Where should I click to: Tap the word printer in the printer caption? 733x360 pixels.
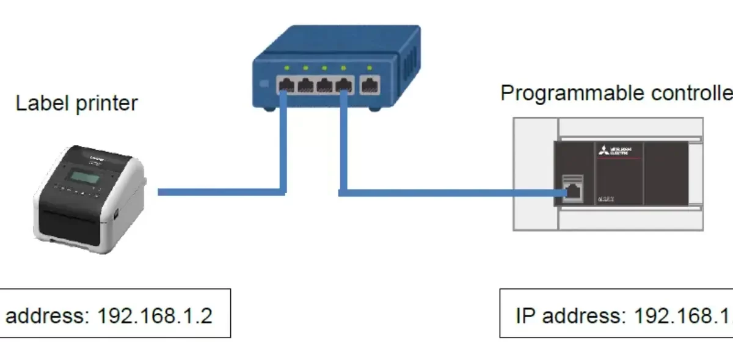click(107, 105)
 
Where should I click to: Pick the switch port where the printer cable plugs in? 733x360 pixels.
click(285, 84)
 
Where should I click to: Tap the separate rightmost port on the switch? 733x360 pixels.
click(370, 85)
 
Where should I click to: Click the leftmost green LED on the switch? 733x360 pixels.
click(286, 67)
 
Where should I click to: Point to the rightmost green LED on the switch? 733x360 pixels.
click(369, 68)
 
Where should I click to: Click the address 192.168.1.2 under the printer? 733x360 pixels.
click(155, 316)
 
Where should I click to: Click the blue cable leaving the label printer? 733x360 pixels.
click(220, 192)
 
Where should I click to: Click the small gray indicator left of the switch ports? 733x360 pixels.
click(264, 83)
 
